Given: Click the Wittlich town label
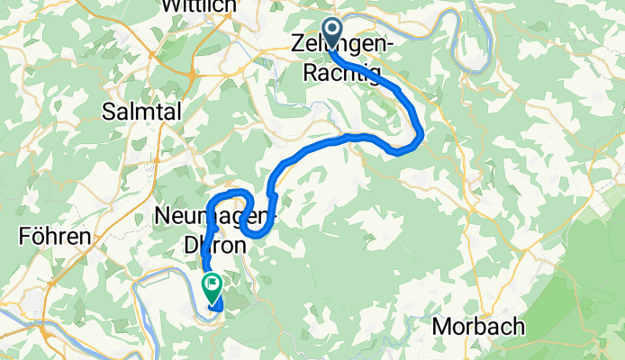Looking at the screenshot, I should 198,6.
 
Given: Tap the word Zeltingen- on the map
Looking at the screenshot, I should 343,42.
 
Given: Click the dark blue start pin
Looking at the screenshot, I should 331,32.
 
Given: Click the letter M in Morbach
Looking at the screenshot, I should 440,326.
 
